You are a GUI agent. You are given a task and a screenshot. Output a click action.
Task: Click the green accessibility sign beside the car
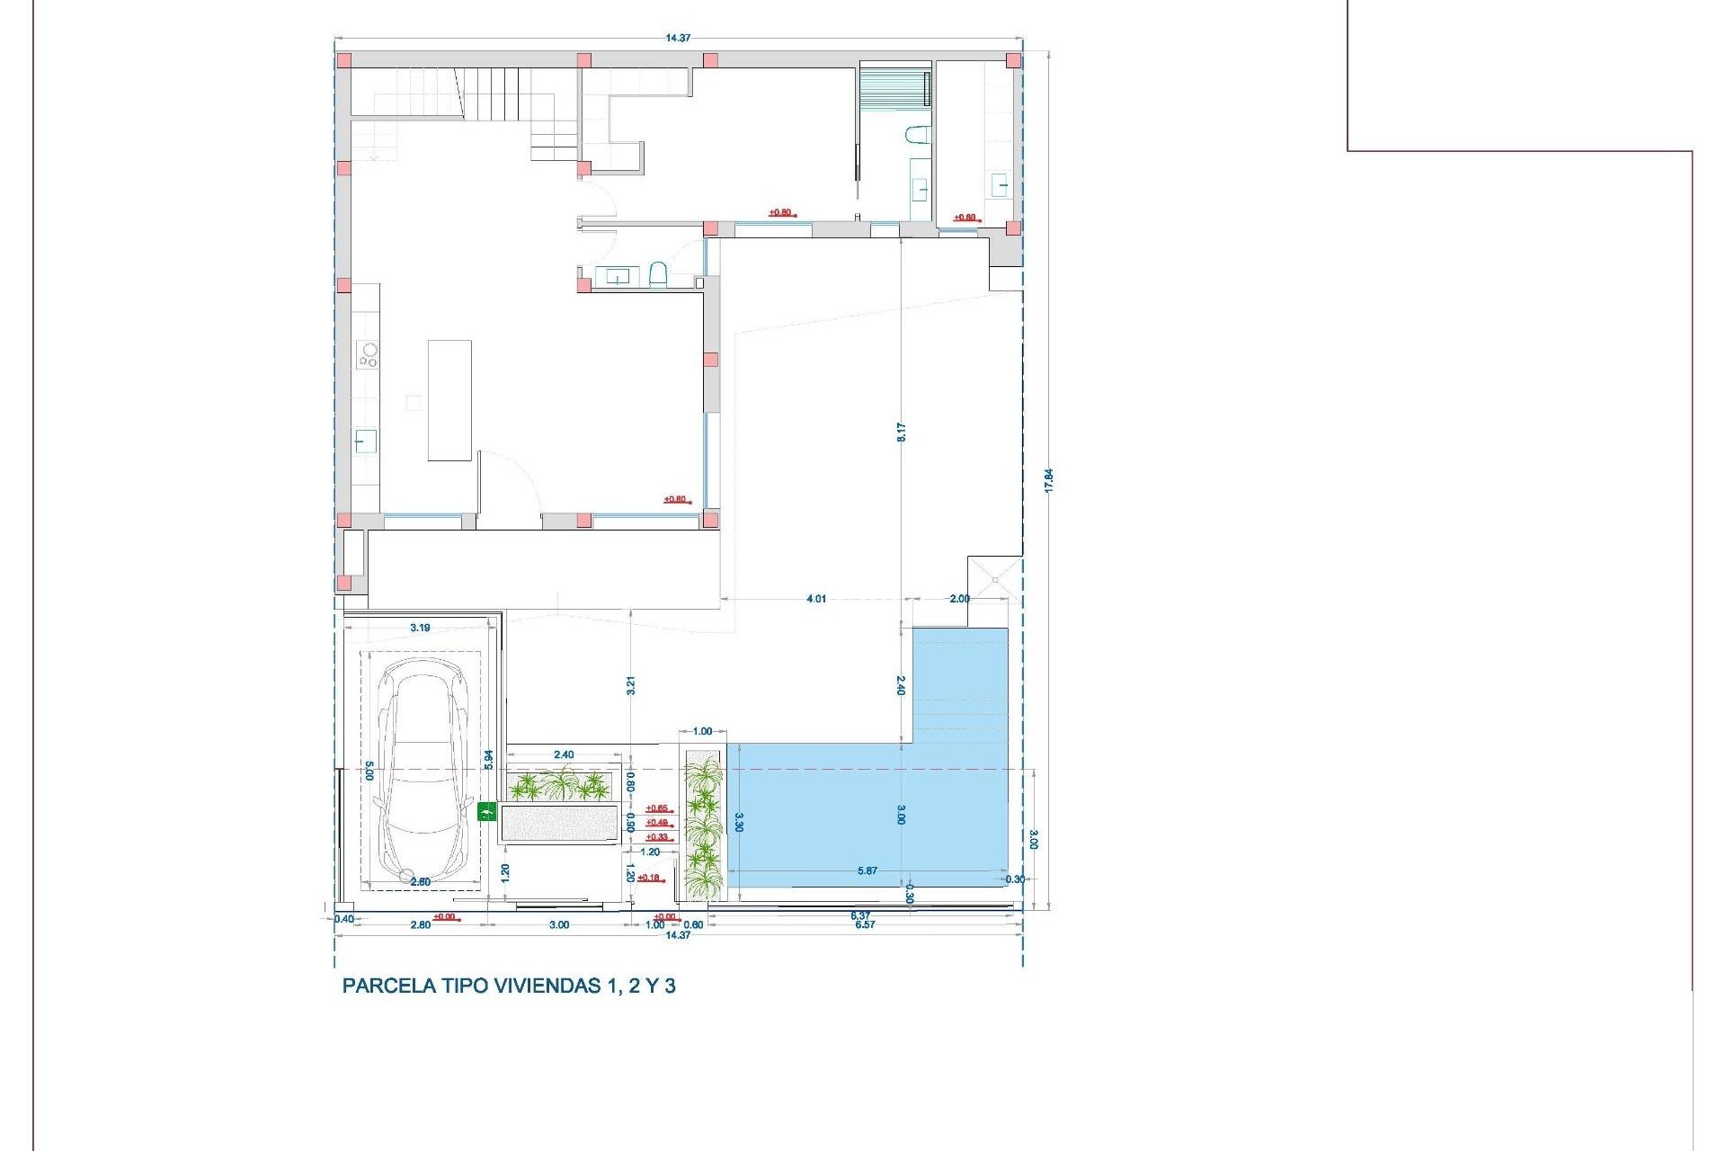(x=486, y=812)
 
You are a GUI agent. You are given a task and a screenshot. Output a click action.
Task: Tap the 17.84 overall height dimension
(x=1048, y=479)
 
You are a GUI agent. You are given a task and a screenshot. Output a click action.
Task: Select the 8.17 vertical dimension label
(x=901, y=432)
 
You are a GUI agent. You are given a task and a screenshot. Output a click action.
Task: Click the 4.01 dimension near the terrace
(x=815, y=599)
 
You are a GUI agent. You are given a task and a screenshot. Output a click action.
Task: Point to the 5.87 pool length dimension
(x=867, y=870)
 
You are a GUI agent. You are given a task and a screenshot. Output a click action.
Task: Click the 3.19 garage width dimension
(x=419, y=628)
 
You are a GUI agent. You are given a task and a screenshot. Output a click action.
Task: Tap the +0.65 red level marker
(x=657, y=808)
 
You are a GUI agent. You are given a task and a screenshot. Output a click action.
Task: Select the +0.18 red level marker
(x=648, y=878)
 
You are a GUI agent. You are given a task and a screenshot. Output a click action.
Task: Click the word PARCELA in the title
(x=388, y=986)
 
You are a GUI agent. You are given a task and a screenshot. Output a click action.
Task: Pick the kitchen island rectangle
(x=449, y=400)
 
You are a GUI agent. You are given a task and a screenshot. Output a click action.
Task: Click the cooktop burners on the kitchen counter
(x=368, y=354)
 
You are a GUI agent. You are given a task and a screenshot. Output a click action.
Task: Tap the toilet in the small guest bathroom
(x=657, y=273)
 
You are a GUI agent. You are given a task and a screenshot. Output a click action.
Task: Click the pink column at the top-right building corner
(x=1013, y=61)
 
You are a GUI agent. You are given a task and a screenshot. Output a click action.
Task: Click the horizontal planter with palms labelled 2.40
(x=559, y=786)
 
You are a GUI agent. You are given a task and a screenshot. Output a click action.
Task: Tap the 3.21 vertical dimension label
(x=631, y=685)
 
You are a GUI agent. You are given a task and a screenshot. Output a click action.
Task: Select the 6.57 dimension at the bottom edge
(x=865, y=924)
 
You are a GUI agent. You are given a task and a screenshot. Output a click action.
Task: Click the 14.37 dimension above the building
(x=678, y=38)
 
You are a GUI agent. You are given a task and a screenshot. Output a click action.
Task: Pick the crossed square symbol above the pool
(x=995, y=579)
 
